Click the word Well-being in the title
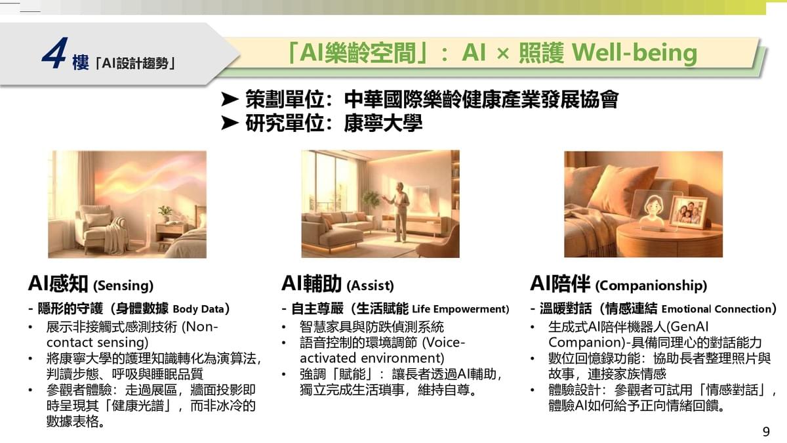[x=635, y=53]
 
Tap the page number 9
[x=766, y=431]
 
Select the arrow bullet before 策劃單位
[x=230, y=99]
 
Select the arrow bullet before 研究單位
[x=230, y=123]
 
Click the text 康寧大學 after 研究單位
[x=383, y=123]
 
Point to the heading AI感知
[x=58, y=284]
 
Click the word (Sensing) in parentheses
[x=123, y=285]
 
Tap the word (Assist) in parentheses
[x=370, y=285]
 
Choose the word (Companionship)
[x=651, y=285]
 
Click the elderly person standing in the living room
[x=399, y=211]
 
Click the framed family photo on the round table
[x=689, y=212]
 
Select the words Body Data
[x=198, y=309]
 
